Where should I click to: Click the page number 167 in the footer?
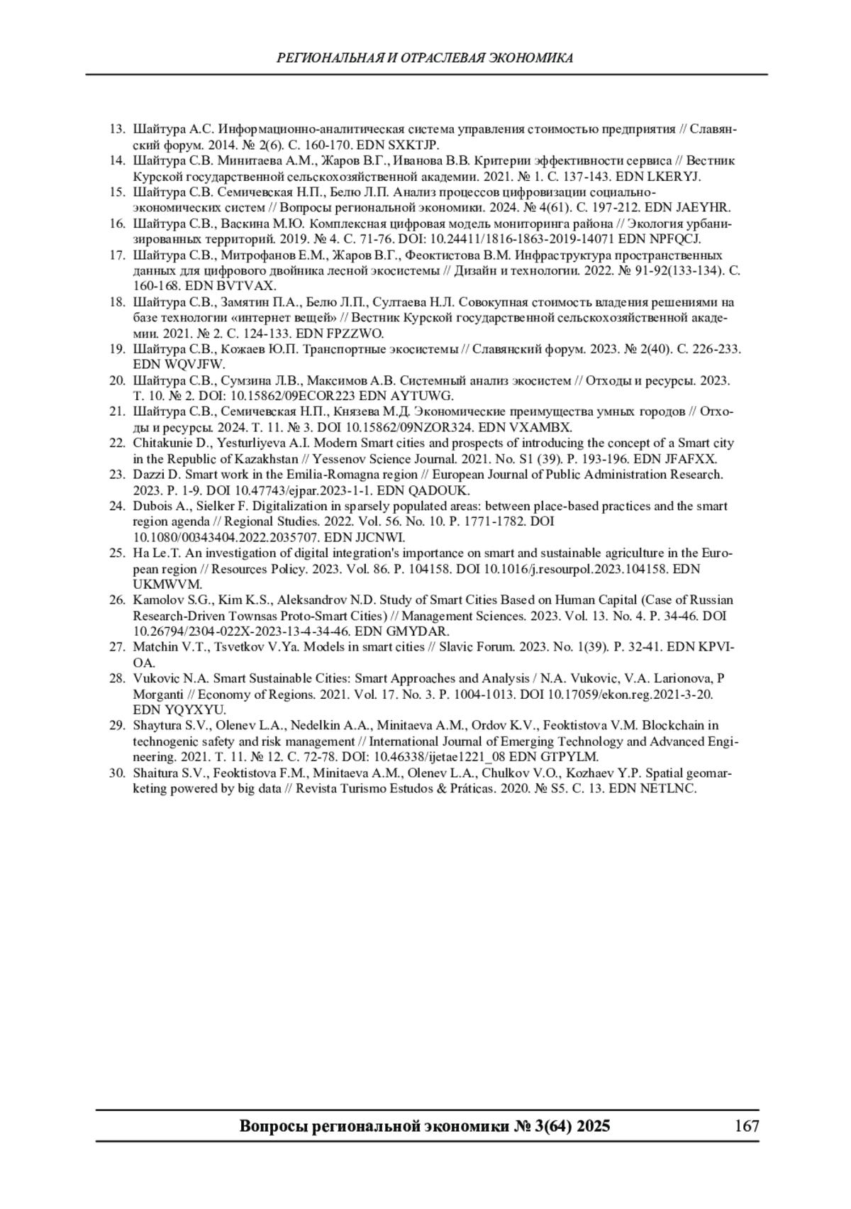[747, 1126]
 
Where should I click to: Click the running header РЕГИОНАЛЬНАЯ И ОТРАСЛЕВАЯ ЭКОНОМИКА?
[425, 58]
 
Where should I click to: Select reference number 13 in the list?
[117, 130]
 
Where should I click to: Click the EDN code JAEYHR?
[705, 208]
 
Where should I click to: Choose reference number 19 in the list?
[117, 349]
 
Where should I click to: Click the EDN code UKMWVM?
[167, 585]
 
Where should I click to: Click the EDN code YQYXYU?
[199, 710]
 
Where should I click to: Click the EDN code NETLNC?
[668, 788]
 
